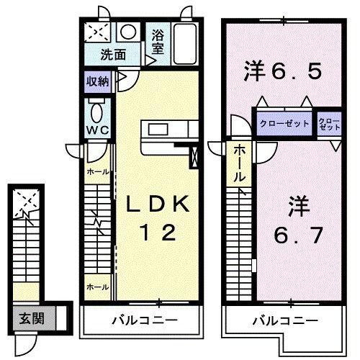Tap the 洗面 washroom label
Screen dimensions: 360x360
(x=112, y=54)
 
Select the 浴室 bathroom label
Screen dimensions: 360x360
(x=158, y=40)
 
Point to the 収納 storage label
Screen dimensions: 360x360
(x=97, y=81)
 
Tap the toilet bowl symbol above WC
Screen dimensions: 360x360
(x=96, y=110)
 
